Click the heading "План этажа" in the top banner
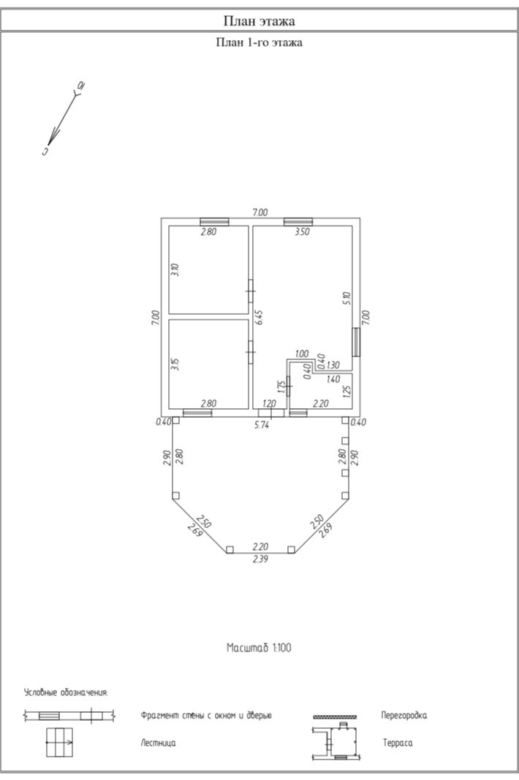point(259,21)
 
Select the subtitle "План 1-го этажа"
point(259,42)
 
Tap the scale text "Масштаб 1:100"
point(259,648)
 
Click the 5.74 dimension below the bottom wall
point(262,425)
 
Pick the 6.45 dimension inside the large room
point(259,318)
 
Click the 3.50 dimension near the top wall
point(302,232)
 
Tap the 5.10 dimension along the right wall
point(348,298)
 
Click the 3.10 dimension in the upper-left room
point(174,269)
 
